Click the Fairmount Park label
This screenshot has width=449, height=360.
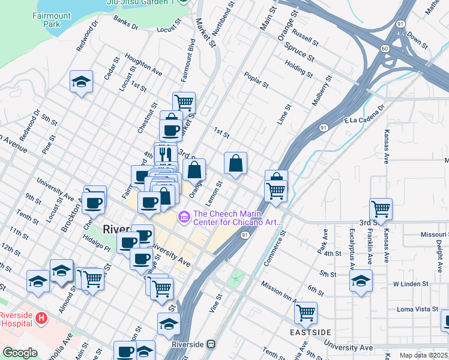(x=47, y=20)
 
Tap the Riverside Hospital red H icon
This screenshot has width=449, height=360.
(x=41, y=317)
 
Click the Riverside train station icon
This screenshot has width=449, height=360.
(x=211, y=344)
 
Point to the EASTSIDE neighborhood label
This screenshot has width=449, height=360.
(x=310, y=332)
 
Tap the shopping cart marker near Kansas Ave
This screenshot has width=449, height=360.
(x=381, y=209)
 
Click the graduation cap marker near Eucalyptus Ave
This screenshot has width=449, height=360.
(x=361, y=280)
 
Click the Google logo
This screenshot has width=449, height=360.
(x=20, y=353)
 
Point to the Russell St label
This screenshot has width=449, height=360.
(x=306, y=40)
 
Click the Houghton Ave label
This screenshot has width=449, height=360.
(x=144, y=65)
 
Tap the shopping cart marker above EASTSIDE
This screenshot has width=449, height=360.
(x=306, y=312)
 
